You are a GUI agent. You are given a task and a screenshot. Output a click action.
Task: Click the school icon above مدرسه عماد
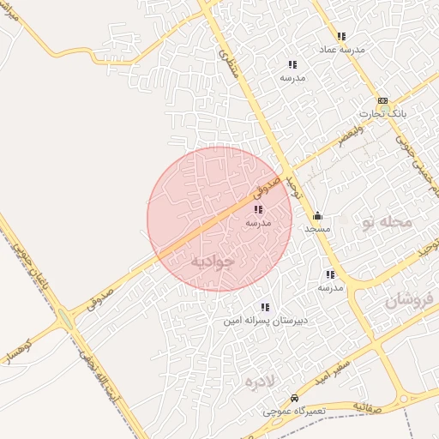[x=341, y=36]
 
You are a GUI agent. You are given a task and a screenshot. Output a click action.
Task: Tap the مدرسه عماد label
[x=342, y=50]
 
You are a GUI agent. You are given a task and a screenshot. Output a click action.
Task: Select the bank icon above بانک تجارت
[x=382, y=100]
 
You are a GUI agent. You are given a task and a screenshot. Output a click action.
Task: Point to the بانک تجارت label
[x=382, y=113]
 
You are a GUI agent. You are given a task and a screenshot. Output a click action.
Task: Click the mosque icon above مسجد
[x=317, y=216]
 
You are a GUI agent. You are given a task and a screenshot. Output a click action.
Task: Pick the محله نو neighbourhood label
[x=387, y=222]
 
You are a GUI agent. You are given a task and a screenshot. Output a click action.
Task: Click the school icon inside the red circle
[x=258, y=209]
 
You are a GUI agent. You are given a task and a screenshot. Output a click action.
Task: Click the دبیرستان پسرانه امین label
[x=265, y=320]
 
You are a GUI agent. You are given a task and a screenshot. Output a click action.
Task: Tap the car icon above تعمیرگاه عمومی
[x=294, y=399]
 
